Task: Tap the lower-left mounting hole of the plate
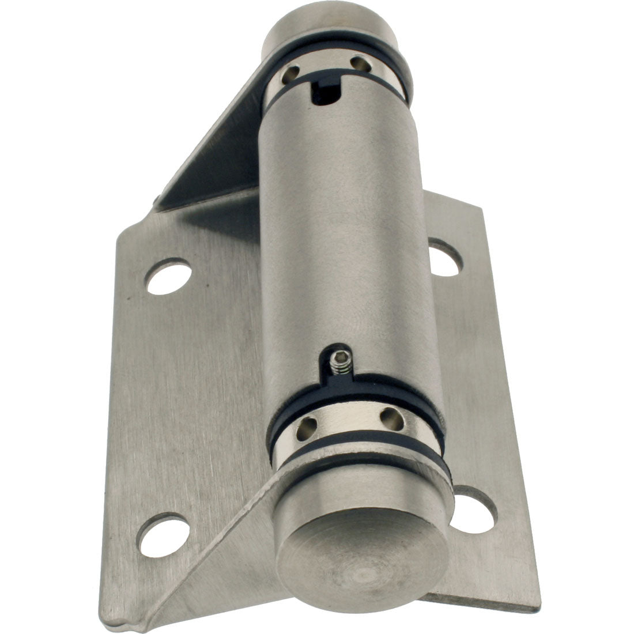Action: point(165,533)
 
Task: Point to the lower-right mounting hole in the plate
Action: point(474,509)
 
